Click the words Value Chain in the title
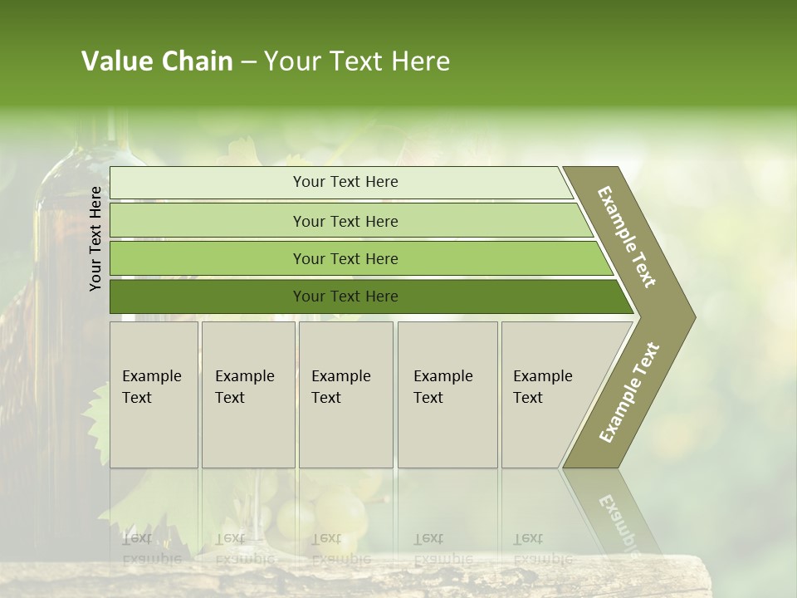[157, 61]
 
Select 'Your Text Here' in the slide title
[357, 61]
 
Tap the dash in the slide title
[248, 62]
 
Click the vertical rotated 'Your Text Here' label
[95, 239]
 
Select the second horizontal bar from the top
[345, 221]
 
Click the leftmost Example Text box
[154, 395]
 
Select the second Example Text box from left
[248, 395]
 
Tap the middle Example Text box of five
[345, 395]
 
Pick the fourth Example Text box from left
[447, 395]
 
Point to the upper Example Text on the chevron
[627, 237]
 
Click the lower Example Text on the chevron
[629, 393]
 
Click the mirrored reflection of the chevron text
[619, 519]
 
